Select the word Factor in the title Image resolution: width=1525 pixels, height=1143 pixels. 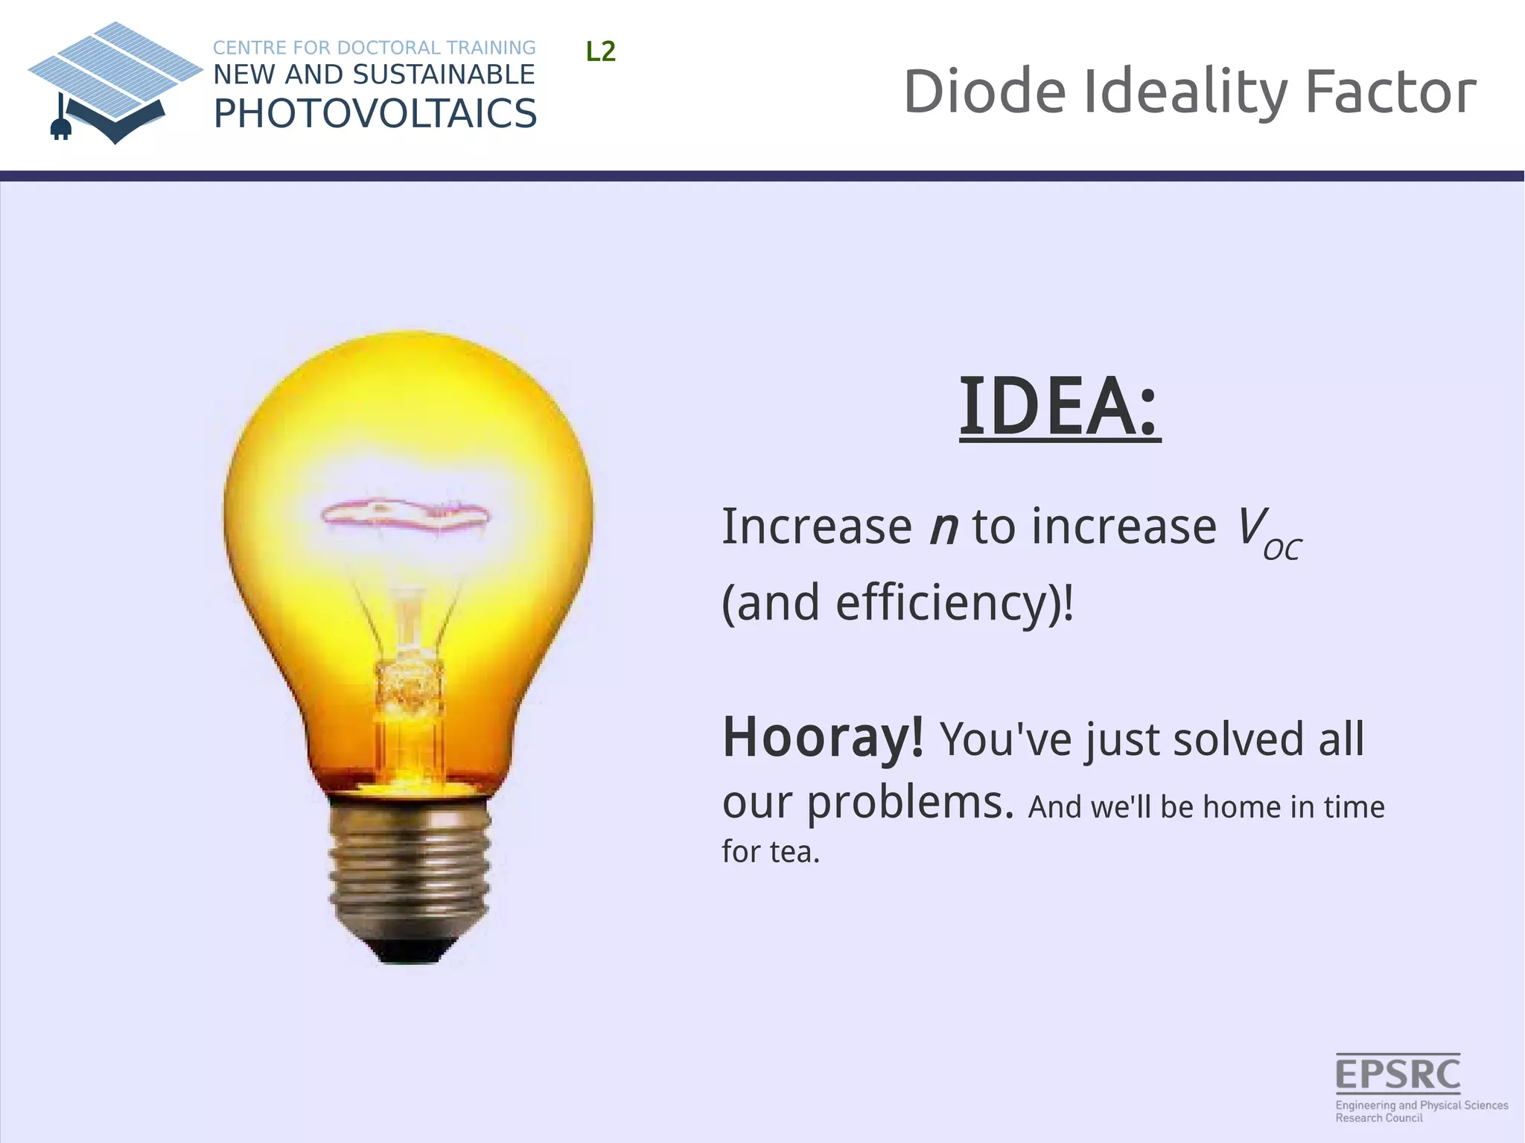click(1390, 92)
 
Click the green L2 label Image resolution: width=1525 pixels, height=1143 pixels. click(601, 52)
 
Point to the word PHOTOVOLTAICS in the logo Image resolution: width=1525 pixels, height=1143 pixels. click(375, 114)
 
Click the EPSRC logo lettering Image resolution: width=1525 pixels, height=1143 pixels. click(1398, 1074)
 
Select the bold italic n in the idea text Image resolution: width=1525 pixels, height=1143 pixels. click(943, 527)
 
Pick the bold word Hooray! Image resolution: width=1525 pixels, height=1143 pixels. click(823, 737)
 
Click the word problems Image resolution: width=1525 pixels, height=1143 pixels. click(911, 803)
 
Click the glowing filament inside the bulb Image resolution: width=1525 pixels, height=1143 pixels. click(406, 515)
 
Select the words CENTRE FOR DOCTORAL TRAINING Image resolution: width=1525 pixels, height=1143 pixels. click(374, 48)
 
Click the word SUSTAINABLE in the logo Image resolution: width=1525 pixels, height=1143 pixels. click(443, 74)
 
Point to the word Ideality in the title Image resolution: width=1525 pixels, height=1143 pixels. click(1185, 92)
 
